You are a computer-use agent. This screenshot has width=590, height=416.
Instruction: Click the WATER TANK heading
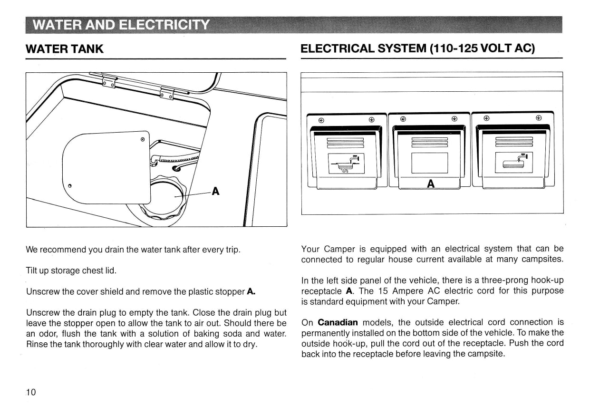65,49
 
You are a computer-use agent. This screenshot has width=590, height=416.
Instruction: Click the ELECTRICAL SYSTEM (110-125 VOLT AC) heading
418,49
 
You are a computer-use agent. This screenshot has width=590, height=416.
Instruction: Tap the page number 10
31,392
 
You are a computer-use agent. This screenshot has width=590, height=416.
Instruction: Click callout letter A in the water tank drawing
215,191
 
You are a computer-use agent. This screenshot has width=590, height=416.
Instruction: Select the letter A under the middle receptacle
431,184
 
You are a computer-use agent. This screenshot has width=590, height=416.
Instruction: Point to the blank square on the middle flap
429,163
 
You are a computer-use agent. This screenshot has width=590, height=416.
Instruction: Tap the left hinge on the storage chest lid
109,83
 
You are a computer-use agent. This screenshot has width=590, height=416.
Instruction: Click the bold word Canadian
338,322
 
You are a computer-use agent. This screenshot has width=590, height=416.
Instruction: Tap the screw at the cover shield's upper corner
143,139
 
